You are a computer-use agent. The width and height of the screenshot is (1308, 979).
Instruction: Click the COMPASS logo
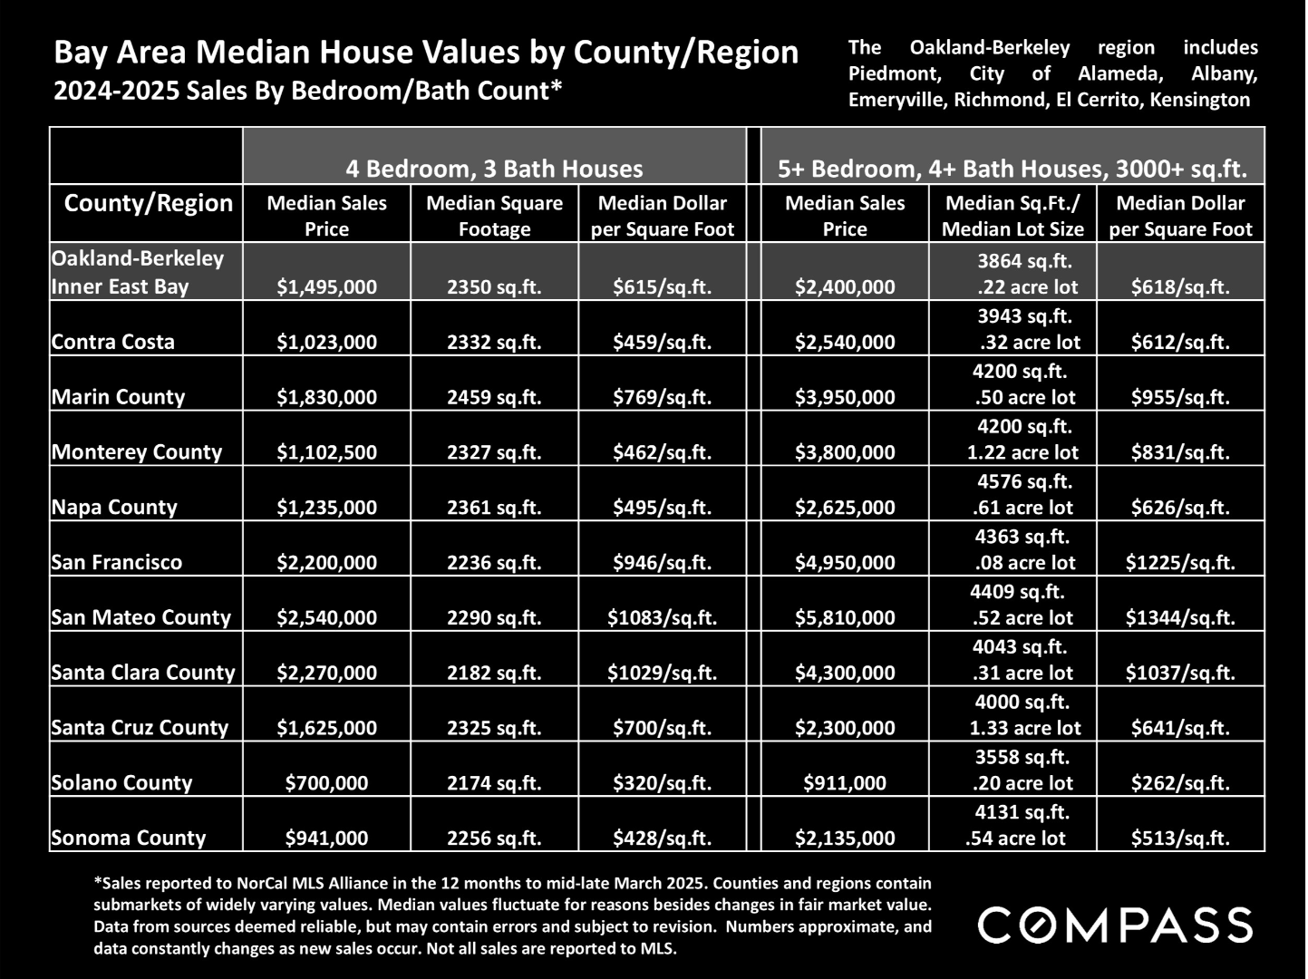pos(1114,926)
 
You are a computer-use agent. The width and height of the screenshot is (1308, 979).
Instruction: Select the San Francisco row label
pos(117,562)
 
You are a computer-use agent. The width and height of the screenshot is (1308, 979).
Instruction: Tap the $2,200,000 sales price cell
pos(326,562)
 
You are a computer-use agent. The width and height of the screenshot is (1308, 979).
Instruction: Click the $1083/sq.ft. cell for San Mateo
pos(662,617)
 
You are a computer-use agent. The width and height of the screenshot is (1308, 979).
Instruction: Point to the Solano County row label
pos(121,782)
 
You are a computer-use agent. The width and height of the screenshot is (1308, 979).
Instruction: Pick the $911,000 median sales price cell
pos(845,782)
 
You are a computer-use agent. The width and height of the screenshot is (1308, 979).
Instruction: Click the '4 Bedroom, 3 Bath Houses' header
pos(494,169)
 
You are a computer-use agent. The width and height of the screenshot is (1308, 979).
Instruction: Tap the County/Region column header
pos(149,203)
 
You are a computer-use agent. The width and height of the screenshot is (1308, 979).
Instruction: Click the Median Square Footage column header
pos(494,216)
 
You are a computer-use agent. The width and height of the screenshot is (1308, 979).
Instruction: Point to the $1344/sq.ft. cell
pos(1180,617)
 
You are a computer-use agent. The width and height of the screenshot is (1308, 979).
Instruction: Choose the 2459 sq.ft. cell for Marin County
pos(494,397)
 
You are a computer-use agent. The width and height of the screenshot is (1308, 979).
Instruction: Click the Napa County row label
pos(114,507)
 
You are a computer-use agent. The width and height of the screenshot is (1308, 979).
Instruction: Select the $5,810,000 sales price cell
pos(845,617)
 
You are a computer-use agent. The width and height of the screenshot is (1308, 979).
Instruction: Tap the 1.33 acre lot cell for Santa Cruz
pos(1024,727)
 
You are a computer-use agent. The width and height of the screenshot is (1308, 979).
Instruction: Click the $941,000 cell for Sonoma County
pos(326,838)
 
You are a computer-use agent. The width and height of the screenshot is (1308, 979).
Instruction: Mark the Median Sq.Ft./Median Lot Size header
pos(1012,216)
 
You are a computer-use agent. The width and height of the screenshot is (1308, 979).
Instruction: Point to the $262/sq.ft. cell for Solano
pos(1180,782)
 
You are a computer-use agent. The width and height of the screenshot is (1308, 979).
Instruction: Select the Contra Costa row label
pos(113,342)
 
